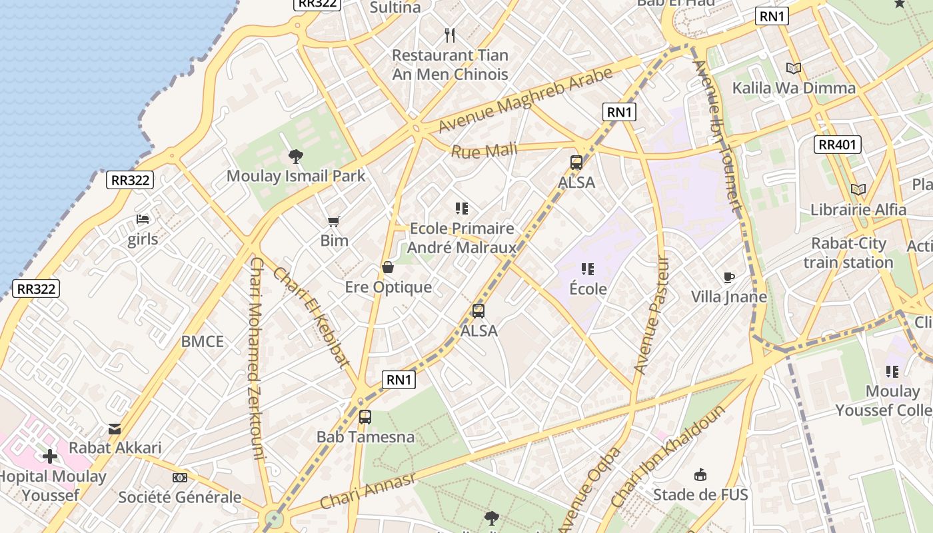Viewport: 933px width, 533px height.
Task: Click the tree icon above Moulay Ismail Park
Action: [x=295, y=157]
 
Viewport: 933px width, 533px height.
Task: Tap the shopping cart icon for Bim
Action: [x=334, y=221]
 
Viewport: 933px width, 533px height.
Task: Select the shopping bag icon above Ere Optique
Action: [x=387, y=268]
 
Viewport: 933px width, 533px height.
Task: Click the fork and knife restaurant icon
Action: [x=450, y=35]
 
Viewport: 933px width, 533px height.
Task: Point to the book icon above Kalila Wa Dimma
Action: [x=793, y=68]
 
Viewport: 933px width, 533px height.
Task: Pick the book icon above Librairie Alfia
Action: [x=858, y=190]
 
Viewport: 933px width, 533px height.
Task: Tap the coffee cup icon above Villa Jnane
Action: [x=729, y=277]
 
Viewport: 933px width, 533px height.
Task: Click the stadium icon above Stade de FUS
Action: [x=700, y=475]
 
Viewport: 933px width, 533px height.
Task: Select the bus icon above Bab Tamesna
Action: [x=365, y=417]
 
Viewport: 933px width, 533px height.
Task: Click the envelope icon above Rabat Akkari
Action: [x=115, y=428]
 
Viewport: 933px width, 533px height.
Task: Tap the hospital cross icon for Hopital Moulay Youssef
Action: [x=50, y=456]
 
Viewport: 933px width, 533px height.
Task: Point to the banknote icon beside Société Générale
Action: [x=180, y=478]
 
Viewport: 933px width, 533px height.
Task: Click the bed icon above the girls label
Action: [x=143, y=219]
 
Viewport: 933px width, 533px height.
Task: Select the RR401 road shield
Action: [x=838, y=145]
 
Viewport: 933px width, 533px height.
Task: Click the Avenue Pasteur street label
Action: [x=651, y=314]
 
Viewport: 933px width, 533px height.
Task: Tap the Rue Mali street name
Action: [x=484, y=151]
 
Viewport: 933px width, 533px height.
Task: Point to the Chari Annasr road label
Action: [x=368, y=491]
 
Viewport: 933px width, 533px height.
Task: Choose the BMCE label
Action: [x=203, y=342]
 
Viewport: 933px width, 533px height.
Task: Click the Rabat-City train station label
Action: [x=848, y=253]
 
